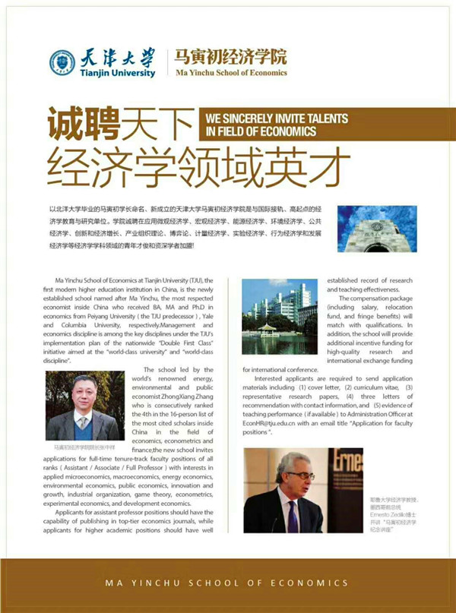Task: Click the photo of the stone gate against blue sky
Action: click(x=366, y=229)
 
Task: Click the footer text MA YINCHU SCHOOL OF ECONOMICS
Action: click(x=228, y=583)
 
